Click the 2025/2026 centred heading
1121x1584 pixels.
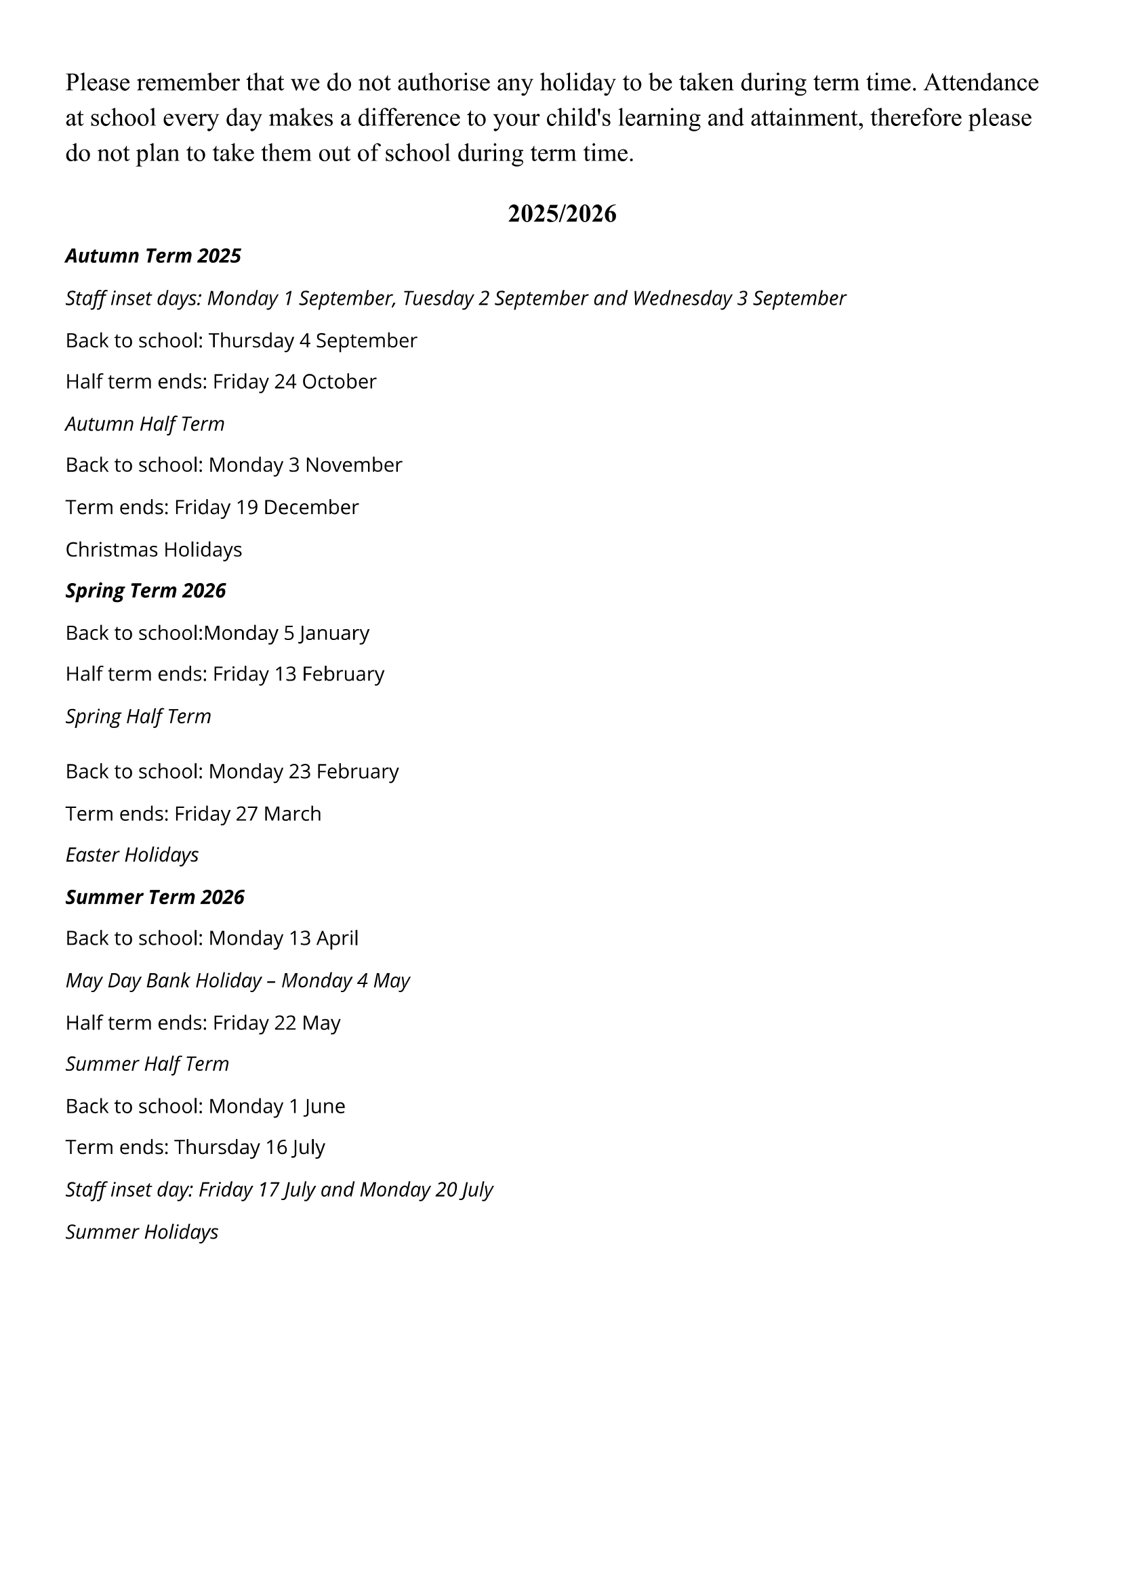(561, 214)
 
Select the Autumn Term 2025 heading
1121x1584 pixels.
(152, 256)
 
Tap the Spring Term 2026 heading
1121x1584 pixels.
(146, 591)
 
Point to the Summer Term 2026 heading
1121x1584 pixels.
(155, 897)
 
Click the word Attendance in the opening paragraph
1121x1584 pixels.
(981, 83)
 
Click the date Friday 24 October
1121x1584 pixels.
(294, 381)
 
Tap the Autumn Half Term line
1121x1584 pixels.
(145, 423)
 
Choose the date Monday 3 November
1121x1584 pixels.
(305, 465)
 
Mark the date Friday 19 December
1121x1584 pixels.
(266, 507)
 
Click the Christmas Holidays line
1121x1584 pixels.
(153, 549)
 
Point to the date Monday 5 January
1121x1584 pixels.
(287, 633)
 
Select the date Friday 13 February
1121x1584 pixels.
(298, 674)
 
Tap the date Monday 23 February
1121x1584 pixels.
(304, 771)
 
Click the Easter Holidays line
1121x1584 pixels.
(132, 855)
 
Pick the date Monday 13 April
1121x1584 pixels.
(283, 938)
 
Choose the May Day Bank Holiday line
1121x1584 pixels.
(237, 981)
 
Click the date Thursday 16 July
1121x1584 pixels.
(249, 1147)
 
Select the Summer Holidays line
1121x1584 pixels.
(142, 1231)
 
